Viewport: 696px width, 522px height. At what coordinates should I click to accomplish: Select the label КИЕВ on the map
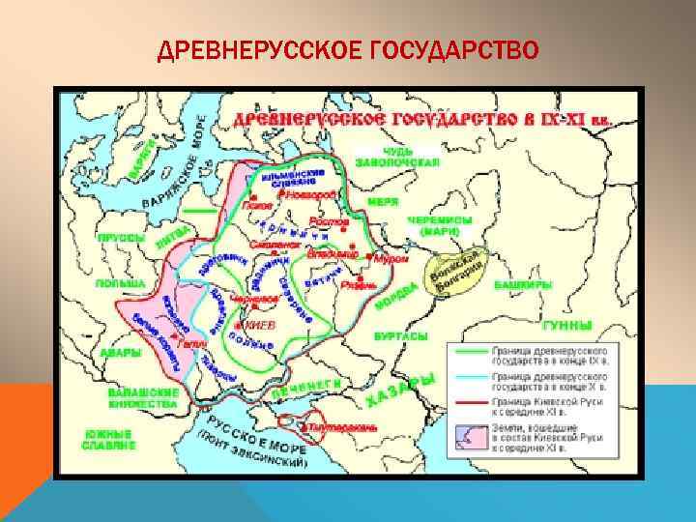(x=259, y=326)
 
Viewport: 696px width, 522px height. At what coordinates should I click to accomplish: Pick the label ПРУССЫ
(x=121, y=237)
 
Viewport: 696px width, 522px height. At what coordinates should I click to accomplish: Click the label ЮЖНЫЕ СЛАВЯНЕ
(x=108, y=442)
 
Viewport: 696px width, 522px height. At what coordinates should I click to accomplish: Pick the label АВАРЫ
(x=121, y=355)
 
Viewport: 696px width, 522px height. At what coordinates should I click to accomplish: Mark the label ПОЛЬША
(x=120, y=284)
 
